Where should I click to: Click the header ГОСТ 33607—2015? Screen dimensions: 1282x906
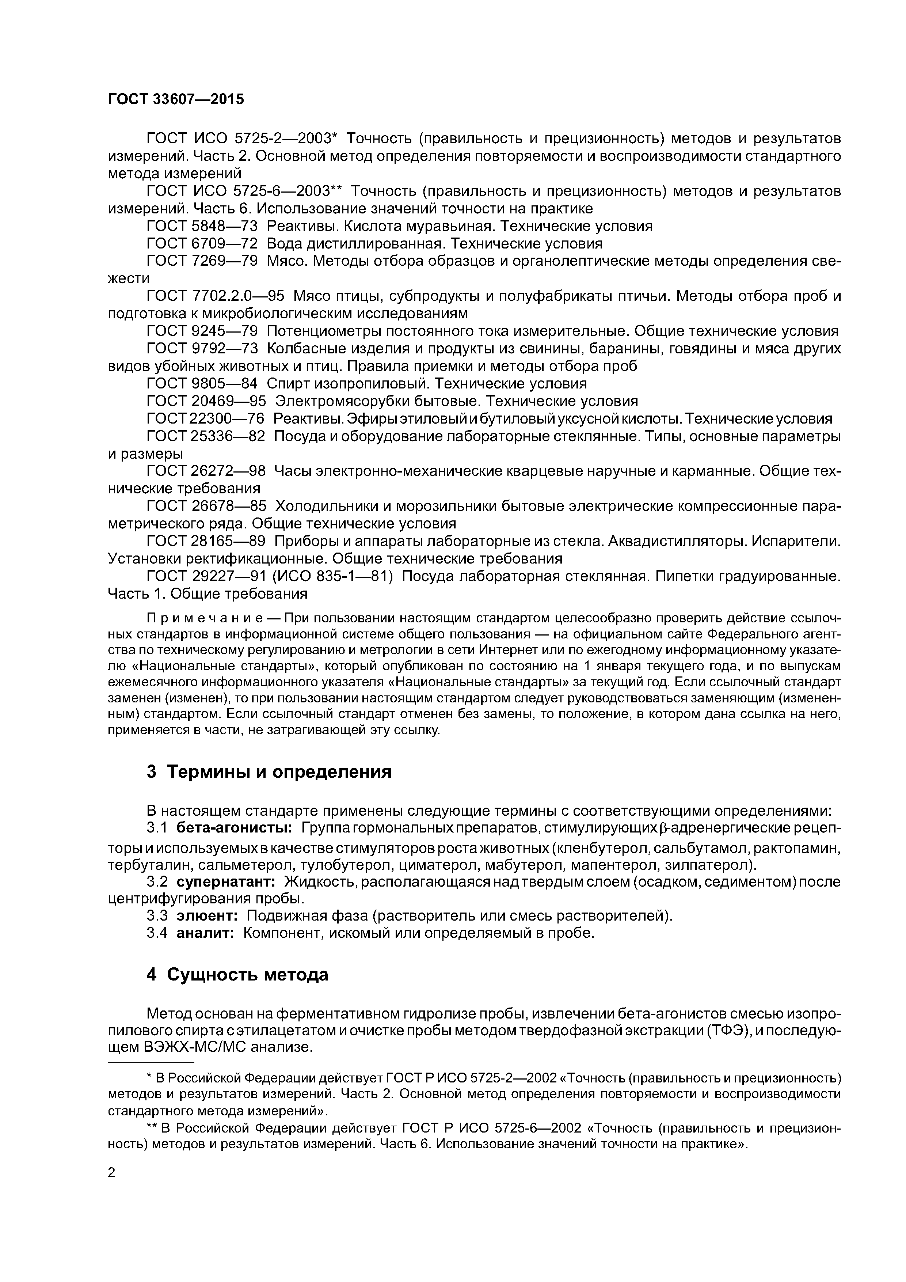click(176, 99)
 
